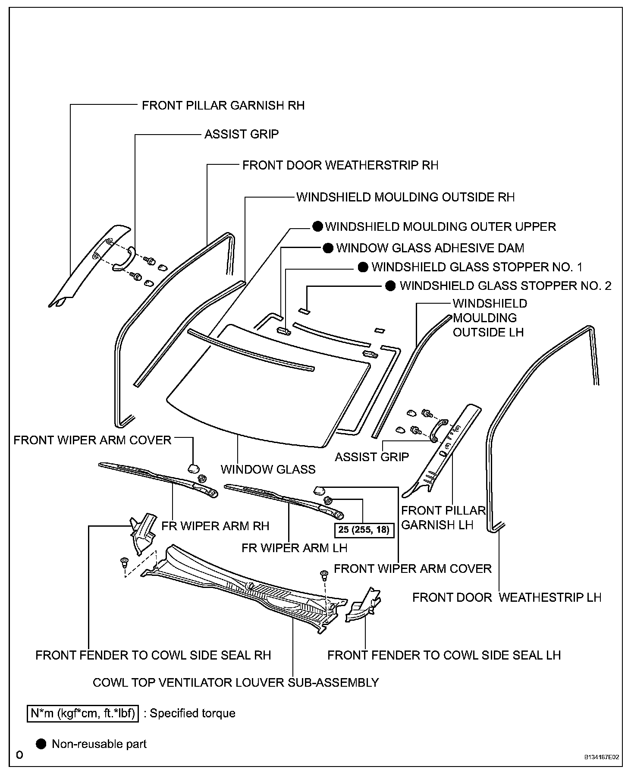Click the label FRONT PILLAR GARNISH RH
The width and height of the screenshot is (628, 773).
pyautogui.click(x=223, y=105)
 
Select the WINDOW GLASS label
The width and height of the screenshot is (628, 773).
pyautogui.click(x=268, y=469)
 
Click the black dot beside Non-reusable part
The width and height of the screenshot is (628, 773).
pyautogui.click(x=41, y=744)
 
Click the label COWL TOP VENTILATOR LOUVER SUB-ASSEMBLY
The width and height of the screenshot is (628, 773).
pyautogui.click(x=236, y=682)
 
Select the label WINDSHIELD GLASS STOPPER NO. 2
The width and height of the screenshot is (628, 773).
pyautogui.click(x=505, y=286)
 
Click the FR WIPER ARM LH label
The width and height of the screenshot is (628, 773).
pyautogui.click(x=295, y=547)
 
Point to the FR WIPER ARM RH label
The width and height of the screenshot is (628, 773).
pyautogui.click(x=215, y=526)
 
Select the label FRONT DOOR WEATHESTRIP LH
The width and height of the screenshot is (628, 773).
pyautogui.click(x=507, y=597)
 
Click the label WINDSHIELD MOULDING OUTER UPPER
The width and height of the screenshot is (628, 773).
pyautogui.click(x=440, y=226)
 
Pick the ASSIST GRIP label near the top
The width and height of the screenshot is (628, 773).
pyautogui.click(x=242, y=134)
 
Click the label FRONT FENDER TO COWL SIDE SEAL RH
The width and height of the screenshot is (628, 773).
pyautogui.click(x=153, y=655)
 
